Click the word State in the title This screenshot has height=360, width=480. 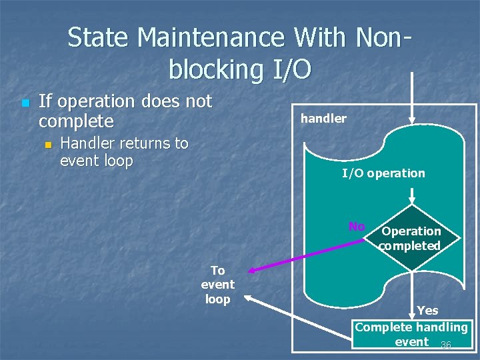pos(99,38)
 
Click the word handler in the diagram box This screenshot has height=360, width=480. pos(323,119)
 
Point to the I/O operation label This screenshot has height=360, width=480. pos(383,173)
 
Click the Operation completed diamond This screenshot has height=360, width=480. pos(412,238)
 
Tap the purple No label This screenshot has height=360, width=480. pos(357,227)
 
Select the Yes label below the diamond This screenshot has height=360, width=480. pos(427,310)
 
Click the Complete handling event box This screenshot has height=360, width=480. pos(411,335)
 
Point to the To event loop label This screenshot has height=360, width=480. pos(217,285)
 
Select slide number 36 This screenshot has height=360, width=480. pos(446,345)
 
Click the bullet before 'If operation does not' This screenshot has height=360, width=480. pos(25,103)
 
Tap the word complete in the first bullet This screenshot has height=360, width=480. pos(76,121)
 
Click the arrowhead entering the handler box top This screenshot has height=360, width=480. pos(412,121)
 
